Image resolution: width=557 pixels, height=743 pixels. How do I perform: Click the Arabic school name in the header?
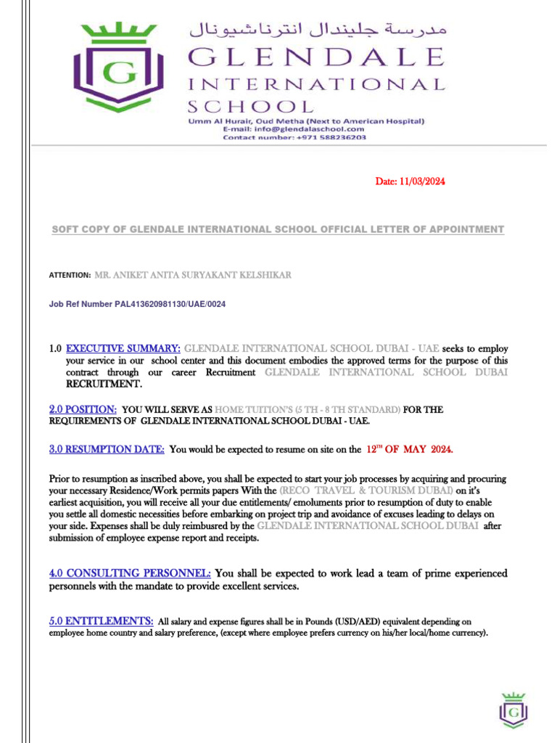pos(318,30)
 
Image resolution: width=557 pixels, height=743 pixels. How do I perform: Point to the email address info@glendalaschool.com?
pos(304,128)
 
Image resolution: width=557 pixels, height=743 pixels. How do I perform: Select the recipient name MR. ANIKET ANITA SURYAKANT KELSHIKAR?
pos(193,276)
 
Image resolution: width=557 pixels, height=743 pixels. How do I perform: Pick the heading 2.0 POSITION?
pos(83,409)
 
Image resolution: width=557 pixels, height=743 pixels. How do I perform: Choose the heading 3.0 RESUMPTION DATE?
pos(107,449)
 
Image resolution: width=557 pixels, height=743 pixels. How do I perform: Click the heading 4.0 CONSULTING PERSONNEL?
pos(130,573)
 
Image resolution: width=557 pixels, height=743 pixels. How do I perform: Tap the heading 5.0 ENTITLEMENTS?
pos(101,621)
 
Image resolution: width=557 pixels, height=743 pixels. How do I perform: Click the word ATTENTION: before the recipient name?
pos(70,276)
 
